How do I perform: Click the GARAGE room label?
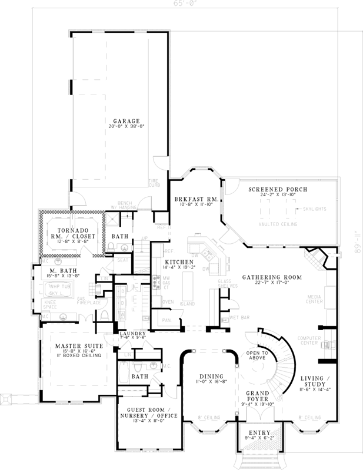(x=119, y=122)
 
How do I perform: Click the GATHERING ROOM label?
(x=271, y=276)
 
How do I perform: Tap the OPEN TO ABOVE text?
(x=257, y=355)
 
